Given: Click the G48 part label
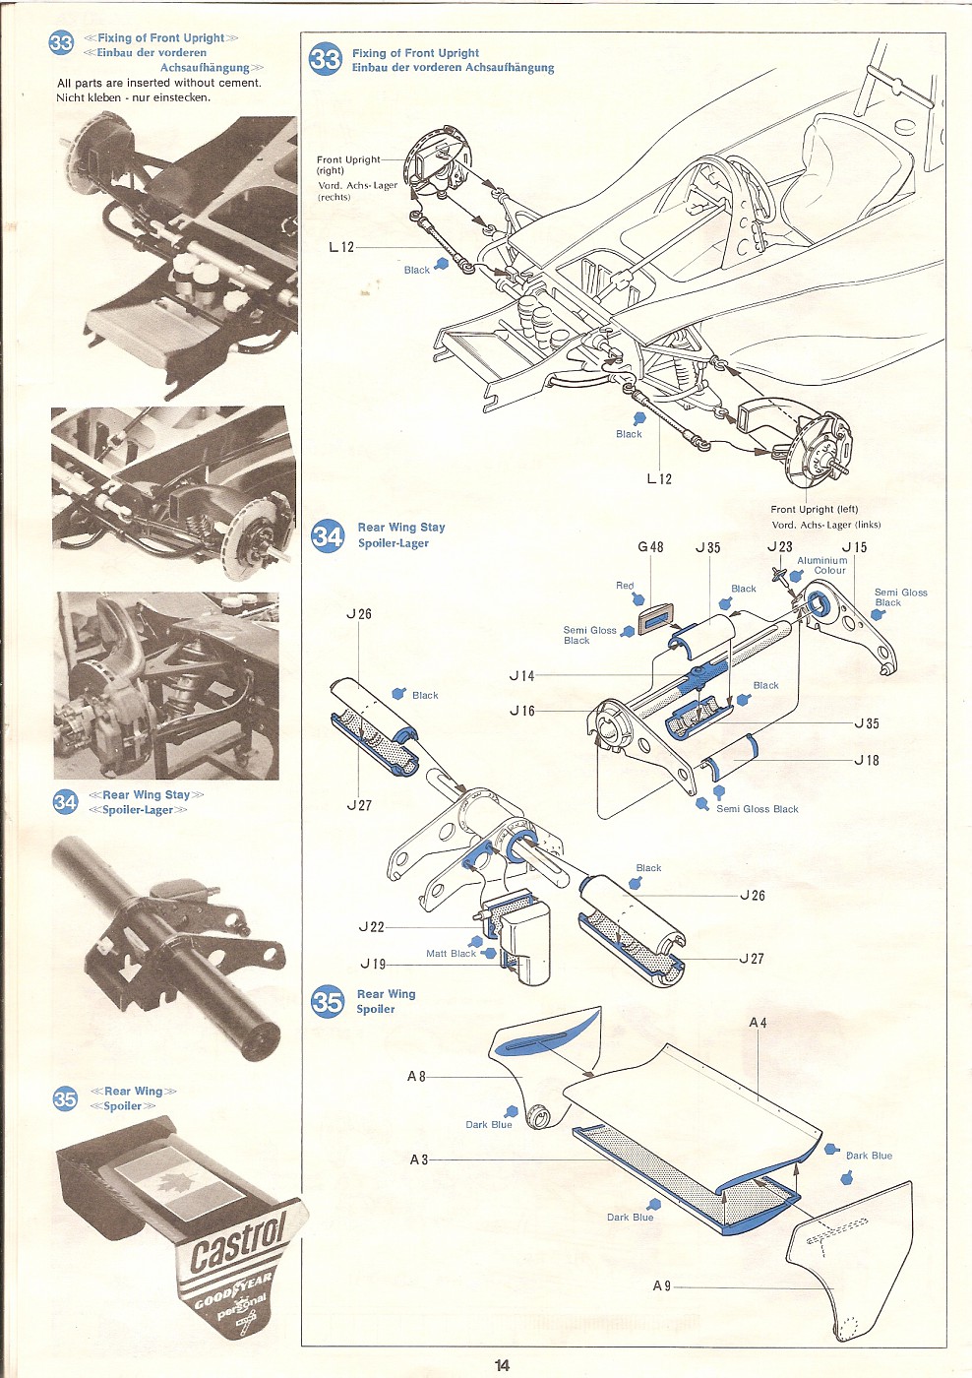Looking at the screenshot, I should [650, 547].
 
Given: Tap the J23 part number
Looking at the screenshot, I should [779, 546].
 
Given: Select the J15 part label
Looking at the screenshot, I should [854, 547].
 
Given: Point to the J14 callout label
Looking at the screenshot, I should [522, 676].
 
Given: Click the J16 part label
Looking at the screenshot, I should [522, 711].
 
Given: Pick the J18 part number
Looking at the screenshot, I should [866, 761].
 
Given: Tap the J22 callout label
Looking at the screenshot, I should [372, 927].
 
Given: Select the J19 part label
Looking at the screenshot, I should [373, 965].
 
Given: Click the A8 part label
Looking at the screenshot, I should [416, 1077].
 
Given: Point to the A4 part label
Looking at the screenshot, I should [758, 1023].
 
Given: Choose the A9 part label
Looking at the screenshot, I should [662, 1286].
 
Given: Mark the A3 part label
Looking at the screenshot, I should [419, 1159].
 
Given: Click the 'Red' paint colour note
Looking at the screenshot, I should [625, 586].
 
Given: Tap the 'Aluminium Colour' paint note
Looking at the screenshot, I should [822, 565].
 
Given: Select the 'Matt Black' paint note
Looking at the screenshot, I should [451, 954].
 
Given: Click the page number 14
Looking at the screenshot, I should [502, 1365].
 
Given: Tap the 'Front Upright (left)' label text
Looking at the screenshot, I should [814, 510].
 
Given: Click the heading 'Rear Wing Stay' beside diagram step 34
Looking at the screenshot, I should [401, 528].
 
